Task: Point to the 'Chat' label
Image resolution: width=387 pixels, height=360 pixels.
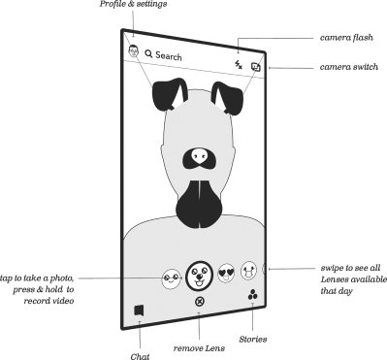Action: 141,355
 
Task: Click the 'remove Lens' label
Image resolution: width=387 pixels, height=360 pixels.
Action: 200,345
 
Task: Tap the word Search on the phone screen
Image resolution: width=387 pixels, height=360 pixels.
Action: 168,56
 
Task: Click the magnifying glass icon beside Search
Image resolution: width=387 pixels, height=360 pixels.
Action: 147,55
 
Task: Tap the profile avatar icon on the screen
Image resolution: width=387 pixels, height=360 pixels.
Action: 131,49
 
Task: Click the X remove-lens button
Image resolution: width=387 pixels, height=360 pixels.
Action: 200,302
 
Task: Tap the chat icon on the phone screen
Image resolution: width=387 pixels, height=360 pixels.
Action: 139,311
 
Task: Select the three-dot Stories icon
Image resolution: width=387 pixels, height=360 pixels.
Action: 252,296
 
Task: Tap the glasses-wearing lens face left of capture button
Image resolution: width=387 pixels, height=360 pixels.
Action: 171,278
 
